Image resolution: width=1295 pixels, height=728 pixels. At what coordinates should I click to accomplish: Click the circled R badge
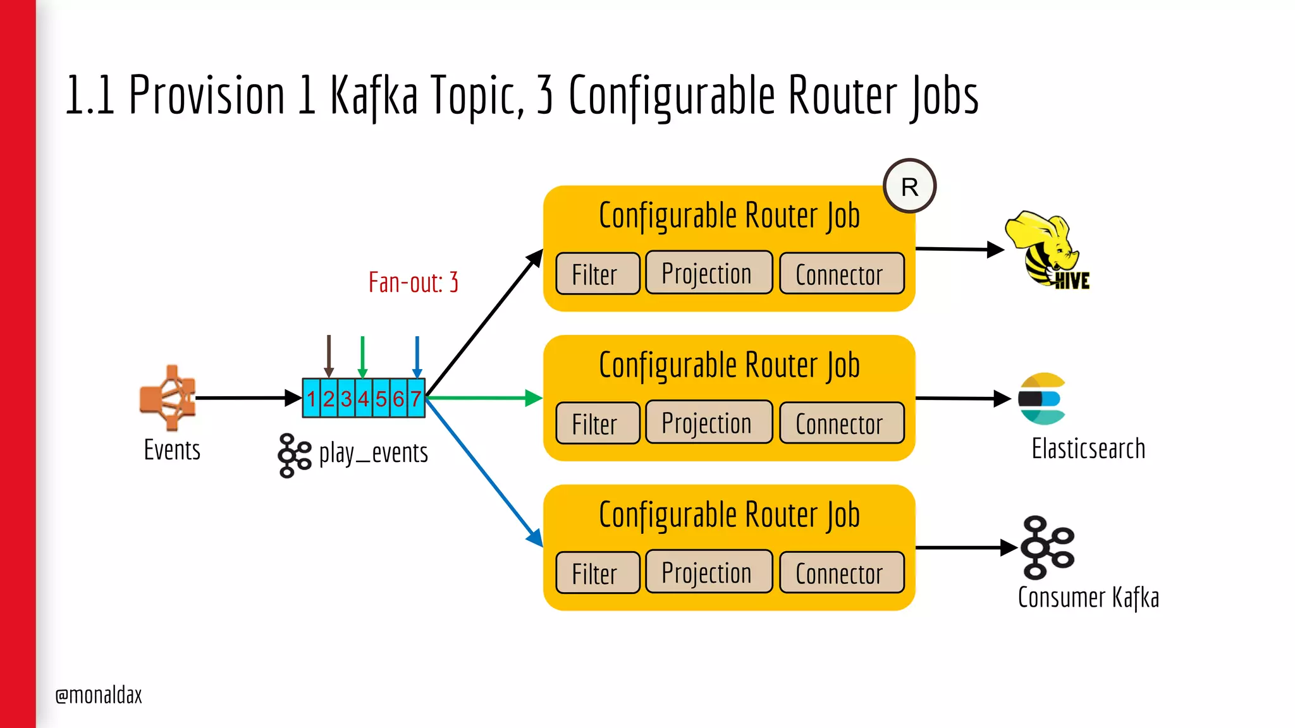909,186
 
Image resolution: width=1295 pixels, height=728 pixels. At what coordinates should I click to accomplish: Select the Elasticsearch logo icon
1041,399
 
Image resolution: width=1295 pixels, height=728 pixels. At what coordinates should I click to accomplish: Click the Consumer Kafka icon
1047,547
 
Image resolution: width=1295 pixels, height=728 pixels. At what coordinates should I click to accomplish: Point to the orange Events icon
168,397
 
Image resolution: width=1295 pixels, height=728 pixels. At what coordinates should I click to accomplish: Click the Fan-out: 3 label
414,282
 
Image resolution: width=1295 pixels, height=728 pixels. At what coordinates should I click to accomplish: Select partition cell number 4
364,398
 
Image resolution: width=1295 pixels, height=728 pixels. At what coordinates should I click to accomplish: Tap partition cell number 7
415,398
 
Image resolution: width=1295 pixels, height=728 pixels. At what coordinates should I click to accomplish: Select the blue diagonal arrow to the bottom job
484,471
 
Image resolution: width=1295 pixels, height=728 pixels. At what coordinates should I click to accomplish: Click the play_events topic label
373,453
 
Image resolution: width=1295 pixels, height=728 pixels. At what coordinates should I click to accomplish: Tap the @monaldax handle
99,695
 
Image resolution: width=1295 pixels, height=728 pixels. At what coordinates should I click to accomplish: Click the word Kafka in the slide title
374,96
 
